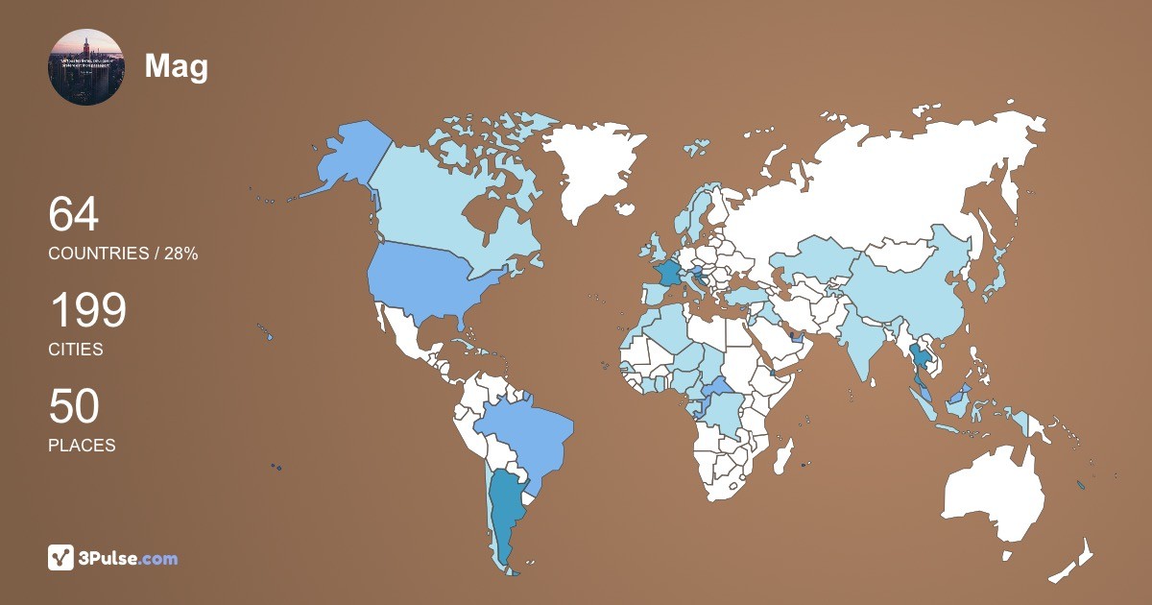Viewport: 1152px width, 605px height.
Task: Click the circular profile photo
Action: coord(85,67)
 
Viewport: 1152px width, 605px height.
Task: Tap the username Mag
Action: coord(177,66)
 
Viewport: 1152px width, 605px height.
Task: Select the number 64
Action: coord(74,215)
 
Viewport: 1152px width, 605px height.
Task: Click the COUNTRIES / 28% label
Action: coord(123,254)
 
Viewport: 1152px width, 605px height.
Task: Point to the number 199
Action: coord(87,311)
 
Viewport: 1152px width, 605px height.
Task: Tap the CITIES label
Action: coord(76,350)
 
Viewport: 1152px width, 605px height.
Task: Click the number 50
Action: coord(74,407)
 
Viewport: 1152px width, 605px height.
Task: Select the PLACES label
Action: coord(82,446)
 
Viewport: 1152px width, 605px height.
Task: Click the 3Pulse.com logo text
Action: coord(129,558)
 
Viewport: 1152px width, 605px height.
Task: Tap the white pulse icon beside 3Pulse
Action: coord(61,558)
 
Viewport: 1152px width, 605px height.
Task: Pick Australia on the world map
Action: coord(994,490)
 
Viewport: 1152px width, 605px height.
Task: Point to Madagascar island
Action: coord(784,454)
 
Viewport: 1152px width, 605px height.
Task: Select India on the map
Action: coord(869,341)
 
